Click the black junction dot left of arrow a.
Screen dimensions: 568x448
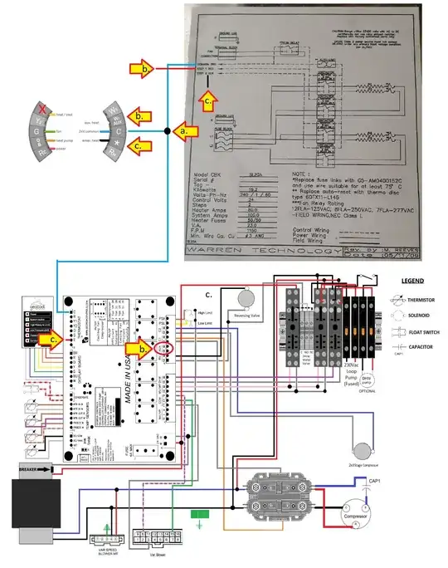point(168,131)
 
